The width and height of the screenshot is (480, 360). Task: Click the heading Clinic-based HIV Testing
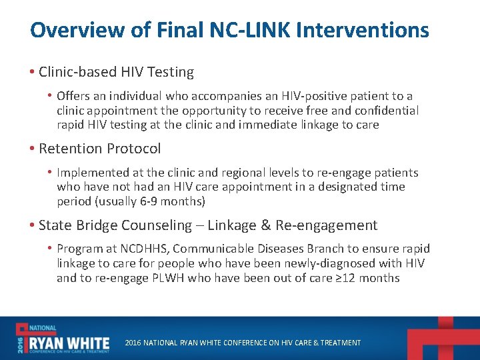116,72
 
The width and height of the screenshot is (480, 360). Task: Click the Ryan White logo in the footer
63,339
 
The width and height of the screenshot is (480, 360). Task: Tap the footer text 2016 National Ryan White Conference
243,343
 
